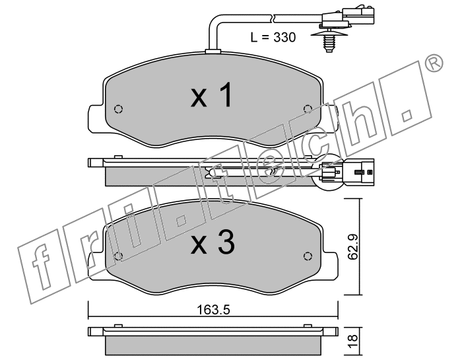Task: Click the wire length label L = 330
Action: tap(273, 38)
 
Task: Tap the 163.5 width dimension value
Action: tap(213, 310)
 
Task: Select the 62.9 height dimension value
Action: tap(352, 246)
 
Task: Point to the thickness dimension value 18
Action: tap(352, 341)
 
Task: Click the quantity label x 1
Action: tap(212, 95)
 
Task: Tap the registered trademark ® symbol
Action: tap(434, 63)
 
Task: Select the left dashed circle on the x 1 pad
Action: tap(118, 110)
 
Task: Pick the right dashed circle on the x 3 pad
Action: tap(308, 256)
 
